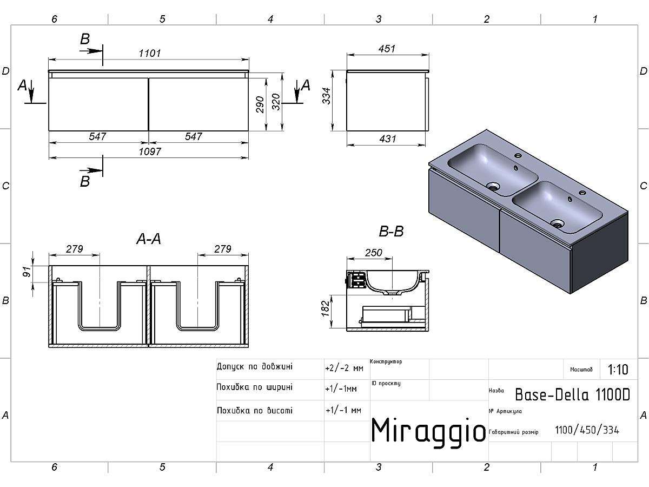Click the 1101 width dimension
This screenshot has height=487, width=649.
[150, 53]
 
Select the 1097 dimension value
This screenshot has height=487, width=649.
[150, 152]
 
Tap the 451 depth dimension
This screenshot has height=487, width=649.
[387, 49]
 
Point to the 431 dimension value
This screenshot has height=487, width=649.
[387, 139]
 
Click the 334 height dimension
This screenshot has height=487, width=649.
[327, 96]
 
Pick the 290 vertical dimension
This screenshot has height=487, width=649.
[260, 104]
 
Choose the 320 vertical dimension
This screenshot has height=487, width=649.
[276, 102]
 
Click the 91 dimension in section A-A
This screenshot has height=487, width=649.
[27, 272]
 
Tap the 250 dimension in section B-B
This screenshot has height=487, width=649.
[373, 253]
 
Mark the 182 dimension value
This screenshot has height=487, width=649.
[325, 308]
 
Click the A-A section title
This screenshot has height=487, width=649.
[149, 239]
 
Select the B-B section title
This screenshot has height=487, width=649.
[391, 232]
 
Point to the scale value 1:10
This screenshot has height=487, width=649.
[618, 370]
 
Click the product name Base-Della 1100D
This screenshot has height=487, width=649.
[572, 394]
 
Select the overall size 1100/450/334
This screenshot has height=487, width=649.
[587, 430]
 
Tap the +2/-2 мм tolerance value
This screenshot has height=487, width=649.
[344, 368]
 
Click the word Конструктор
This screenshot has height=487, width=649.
[386, 361]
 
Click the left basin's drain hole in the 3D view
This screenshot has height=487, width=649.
[493, 187]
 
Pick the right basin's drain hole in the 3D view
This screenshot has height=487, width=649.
[558, 223]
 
